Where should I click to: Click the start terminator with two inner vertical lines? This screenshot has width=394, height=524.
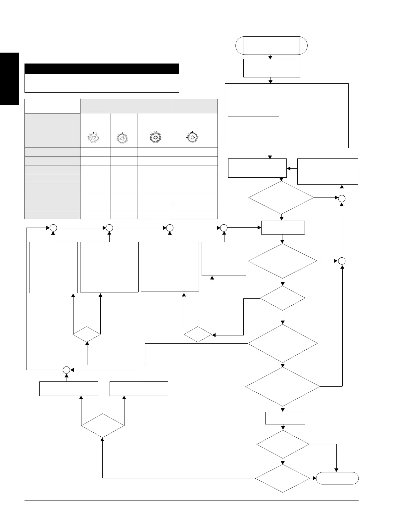coord(271,45)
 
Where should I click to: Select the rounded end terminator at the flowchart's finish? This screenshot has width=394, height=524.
coord(337,478)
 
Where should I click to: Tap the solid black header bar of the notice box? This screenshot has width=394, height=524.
coord(102,68)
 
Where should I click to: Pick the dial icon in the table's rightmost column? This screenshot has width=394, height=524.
coord(192,137)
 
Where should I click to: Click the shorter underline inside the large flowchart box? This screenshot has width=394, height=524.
coord(245,95)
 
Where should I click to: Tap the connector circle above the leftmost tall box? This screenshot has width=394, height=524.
coord(53,228)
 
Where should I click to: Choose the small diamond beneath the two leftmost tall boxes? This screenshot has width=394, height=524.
coord(87,334)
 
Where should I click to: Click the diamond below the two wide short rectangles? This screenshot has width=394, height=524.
coord(103,426)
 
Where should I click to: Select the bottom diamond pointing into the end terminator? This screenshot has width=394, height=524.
coord(282,478)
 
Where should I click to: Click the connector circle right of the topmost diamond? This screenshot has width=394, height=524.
coord(342,198)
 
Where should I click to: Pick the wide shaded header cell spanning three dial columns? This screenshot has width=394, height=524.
coord(125,106)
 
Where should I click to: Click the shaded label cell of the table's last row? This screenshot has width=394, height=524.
coord(52,214)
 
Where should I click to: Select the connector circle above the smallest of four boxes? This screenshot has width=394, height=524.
coord(224,228)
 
